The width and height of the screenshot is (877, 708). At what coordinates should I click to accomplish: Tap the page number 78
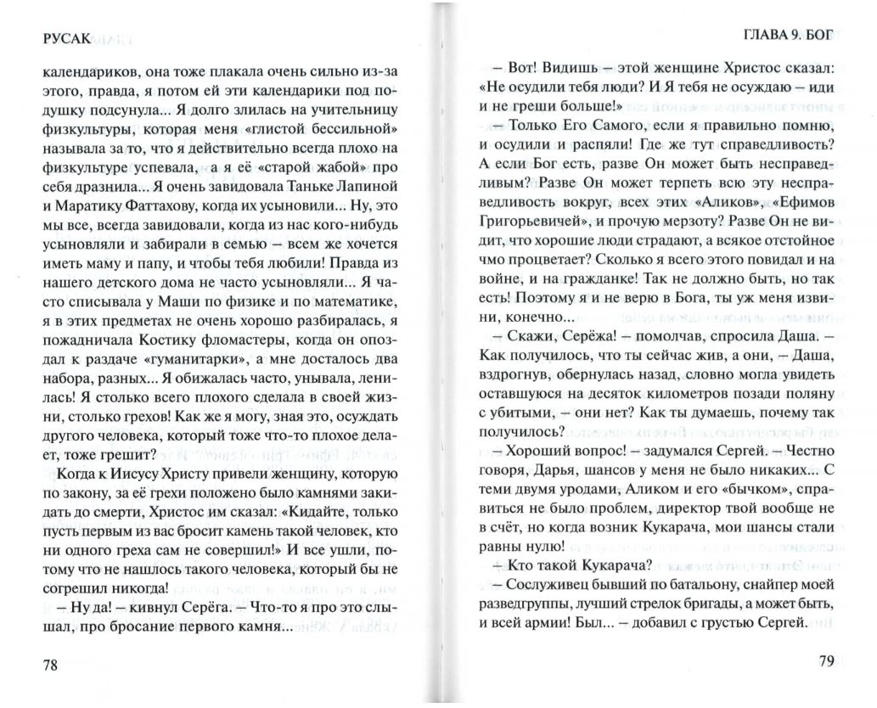(x=50, y=664)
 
